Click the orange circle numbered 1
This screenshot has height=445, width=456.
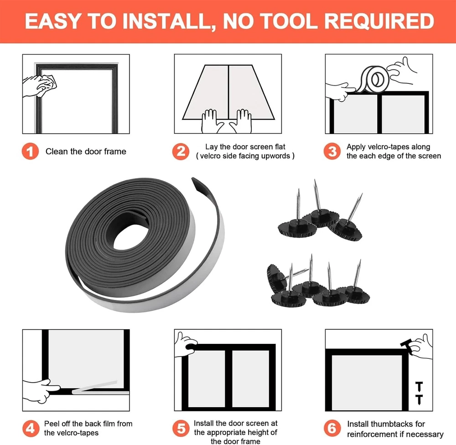30,151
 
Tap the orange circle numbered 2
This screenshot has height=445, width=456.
181,151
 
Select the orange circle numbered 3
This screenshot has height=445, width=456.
332,151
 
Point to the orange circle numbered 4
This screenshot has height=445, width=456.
31,428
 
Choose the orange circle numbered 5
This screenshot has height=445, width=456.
181,428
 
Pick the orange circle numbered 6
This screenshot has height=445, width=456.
332,428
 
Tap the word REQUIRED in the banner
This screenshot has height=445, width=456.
379,21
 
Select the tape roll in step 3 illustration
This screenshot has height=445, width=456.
375,79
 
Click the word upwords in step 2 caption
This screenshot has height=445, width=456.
275,156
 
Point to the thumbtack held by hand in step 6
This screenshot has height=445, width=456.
407,346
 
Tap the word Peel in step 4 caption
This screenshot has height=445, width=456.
52,424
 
